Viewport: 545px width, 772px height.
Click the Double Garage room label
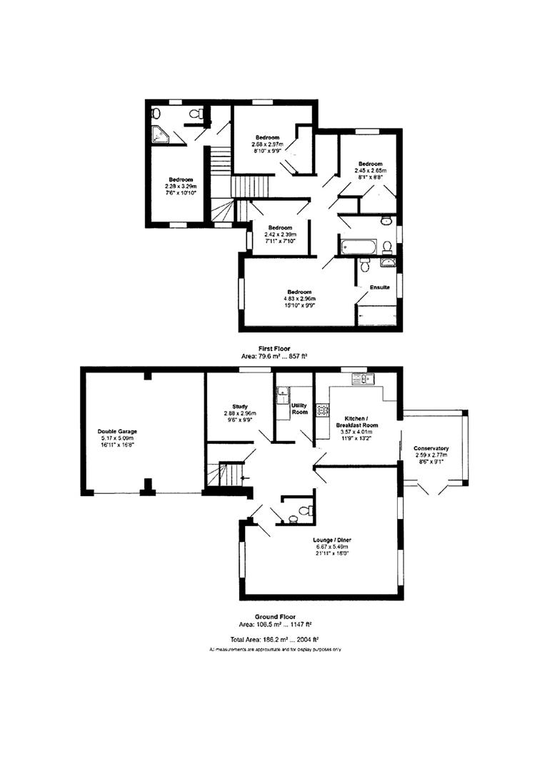pos(117,432)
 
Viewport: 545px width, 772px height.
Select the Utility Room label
pos(299,408)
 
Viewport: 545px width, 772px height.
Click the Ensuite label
pos(379,287)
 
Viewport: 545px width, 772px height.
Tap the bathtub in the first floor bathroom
pos(356,247)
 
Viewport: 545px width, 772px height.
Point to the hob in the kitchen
pos(322,410)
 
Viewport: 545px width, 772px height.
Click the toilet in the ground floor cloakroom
pos(304,510)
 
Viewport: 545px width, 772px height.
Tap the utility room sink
pos(284,392)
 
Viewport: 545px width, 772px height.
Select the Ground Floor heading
pos(275,616)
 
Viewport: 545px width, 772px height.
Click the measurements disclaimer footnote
pos(275,650)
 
